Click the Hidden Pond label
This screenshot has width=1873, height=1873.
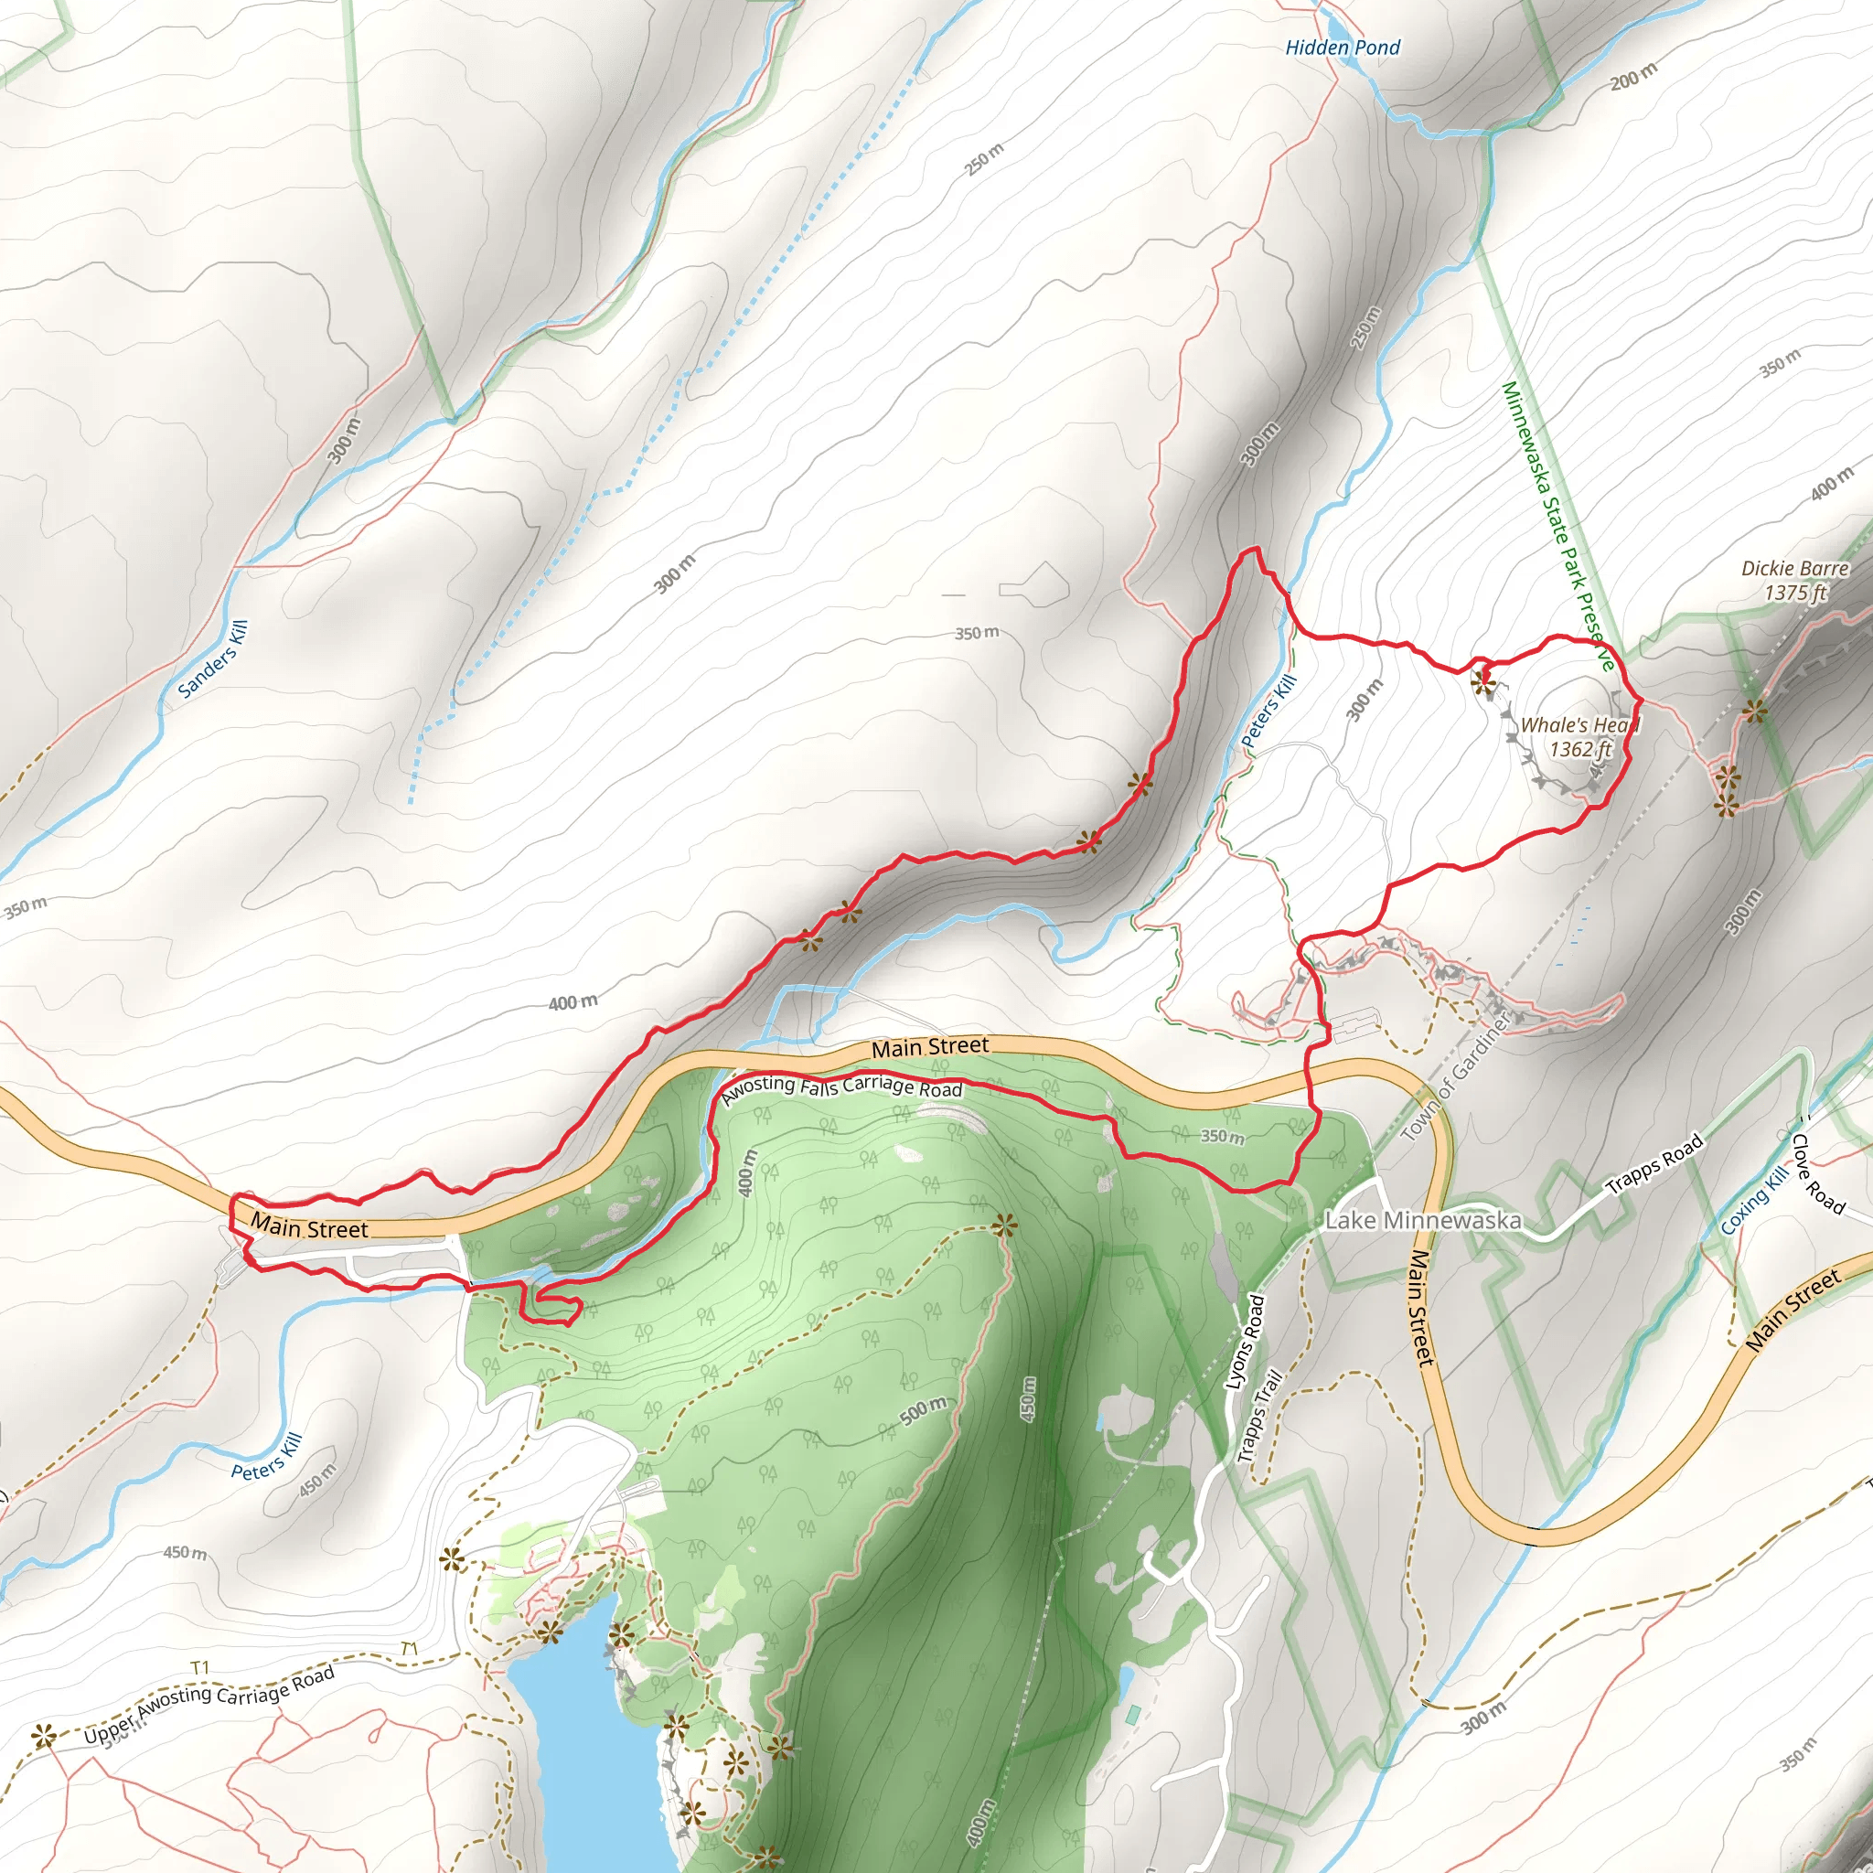(x=1343, y=48)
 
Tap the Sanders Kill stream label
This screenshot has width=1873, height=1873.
(x=213, y=660)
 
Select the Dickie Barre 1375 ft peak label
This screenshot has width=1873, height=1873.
(x=1794, y=581)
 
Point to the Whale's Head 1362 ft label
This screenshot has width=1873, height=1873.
(x=1579, y=737)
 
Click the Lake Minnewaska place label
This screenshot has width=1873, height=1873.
(x=1422, y=1221)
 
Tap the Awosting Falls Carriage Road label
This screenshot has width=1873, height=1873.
(x=841, y=1087)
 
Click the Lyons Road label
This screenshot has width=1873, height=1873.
(x=1245, y=1343)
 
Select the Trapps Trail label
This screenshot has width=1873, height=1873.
(x=1259, y=1416)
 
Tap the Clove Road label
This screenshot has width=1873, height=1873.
(x=1818, y=1174)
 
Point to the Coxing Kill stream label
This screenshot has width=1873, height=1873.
(x=1755, y=1201)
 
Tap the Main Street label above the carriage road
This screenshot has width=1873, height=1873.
(x=930, y=1047)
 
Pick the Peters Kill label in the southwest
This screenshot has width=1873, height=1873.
(x=268, y=1457)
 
